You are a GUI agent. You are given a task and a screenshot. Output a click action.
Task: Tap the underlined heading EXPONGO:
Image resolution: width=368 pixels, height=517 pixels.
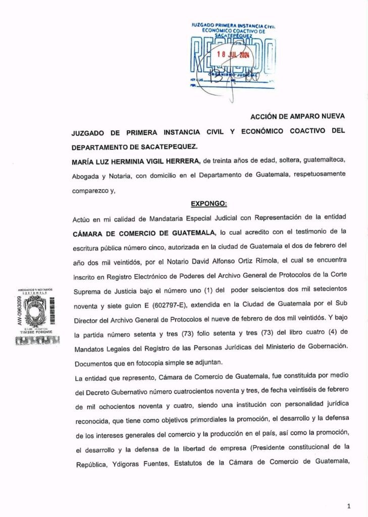(x=209, y=204)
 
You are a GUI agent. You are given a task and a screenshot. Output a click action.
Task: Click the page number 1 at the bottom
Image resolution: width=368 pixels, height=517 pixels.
(x=349, y=505)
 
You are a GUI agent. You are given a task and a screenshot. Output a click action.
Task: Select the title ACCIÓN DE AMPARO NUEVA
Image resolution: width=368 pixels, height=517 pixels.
(x=298, y=117)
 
